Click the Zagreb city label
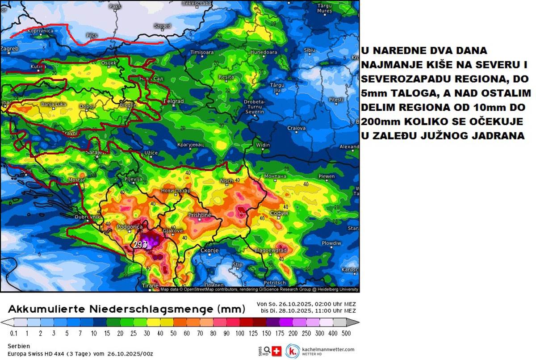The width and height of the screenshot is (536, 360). (x=9, y=48)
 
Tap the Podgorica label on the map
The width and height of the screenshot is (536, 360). (x=129, y=227)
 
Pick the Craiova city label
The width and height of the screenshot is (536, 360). (x=296, y=128)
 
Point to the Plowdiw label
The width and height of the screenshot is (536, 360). (x=331, y=243)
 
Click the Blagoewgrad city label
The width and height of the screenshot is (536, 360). (x=270, y=251)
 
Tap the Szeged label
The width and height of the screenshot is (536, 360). (x=162, y=26)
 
